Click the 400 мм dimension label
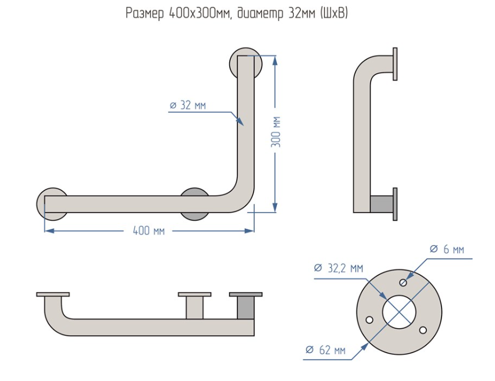(149, 231)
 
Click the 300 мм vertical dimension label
(277, 131)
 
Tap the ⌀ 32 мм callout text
(188, 105)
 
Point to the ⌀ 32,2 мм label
(338, 268)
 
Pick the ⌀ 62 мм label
(325, 350)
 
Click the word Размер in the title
(145, 13)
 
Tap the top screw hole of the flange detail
(404, 282)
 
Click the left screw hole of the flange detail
(369, 319)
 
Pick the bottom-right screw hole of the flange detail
(424, 330)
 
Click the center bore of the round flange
(399, 312)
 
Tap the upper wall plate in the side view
(395, 63)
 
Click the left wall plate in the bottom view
(53, 294)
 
